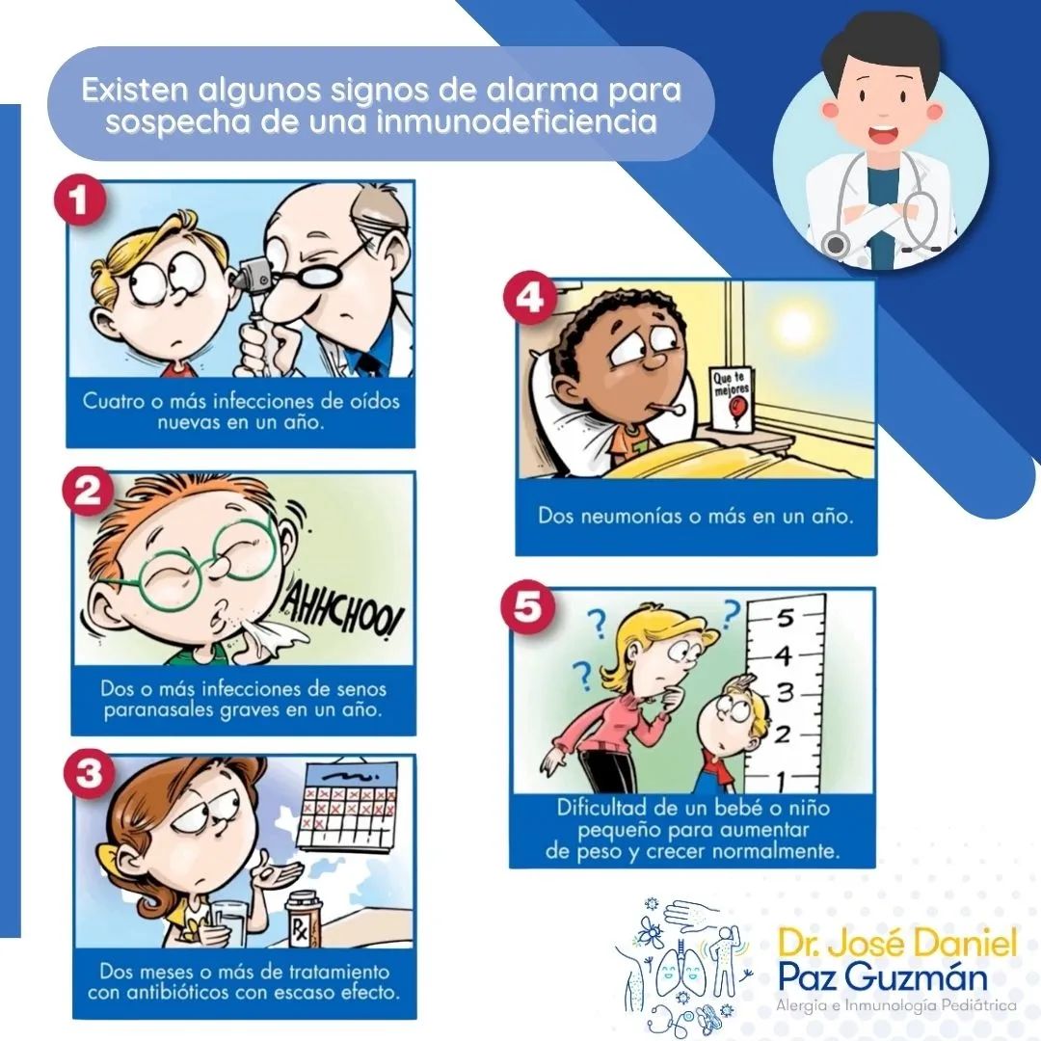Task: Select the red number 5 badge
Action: coord(528,607)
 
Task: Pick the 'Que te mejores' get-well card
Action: coord(733,398)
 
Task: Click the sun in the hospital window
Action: coord(792,326)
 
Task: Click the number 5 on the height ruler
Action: coord(786,618)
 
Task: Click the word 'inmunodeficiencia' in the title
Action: coord(517,122)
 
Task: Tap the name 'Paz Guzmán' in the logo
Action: coord(882,977)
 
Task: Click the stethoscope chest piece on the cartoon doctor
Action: coord(835,244)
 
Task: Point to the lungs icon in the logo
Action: coord(679,974)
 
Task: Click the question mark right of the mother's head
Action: coord(732,613)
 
